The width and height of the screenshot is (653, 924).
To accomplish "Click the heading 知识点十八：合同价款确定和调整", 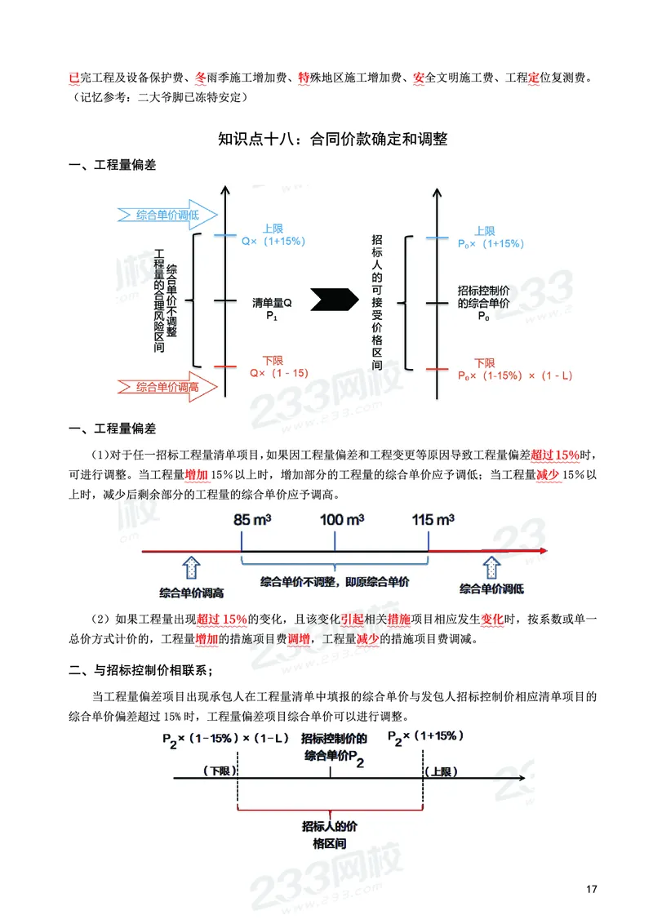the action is (x=333, y=139).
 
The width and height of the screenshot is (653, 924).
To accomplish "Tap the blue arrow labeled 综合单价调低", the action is (x=167, y=215).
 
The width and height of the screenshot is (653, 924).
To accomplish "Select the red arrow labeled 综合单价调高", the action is (x=167, y=386).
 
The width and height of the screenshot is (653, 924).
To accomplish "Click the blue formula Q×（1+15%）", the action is (x=273, y=243).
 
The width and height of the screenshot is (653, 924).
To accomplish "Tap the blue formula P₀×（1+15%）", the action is (x=491, y=243).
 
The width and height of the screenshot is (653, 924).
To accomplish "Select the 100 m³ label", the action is (x=342, y=520).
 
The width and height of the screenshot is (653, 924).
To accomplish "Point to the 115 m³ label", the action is (x=433, y=520).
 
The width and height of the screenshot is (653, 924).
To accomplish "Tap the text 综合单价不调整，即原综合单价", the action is (x=335, y=583).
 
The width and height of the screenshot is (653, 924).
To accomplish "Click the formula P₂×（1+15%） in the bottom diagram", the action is (x=426, y=736).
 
